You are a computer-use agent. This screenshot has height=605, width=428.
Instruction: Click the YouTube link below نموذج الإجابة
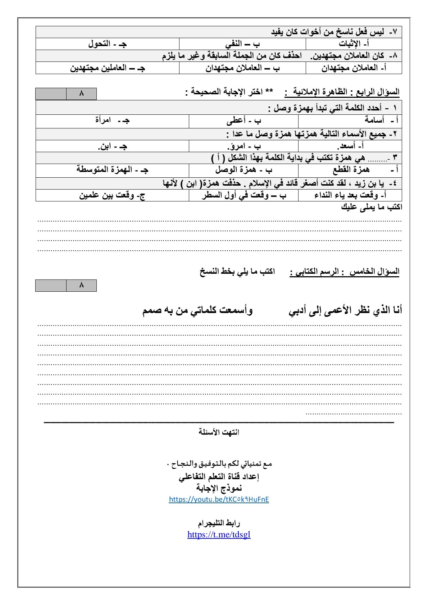coord(219,499)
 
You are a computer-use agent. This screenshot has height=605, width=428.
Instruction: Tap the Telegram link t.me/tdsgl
coord(219,535)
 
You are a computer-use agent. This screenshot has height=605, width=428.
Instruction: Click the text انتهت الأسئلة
coord(219,432)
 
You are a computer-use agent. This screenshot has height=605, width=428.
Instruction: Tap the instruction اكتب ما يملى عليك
coord(372,207)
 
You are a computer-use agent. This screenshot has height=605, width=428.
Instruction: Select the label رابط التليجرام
coord(219,523)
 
